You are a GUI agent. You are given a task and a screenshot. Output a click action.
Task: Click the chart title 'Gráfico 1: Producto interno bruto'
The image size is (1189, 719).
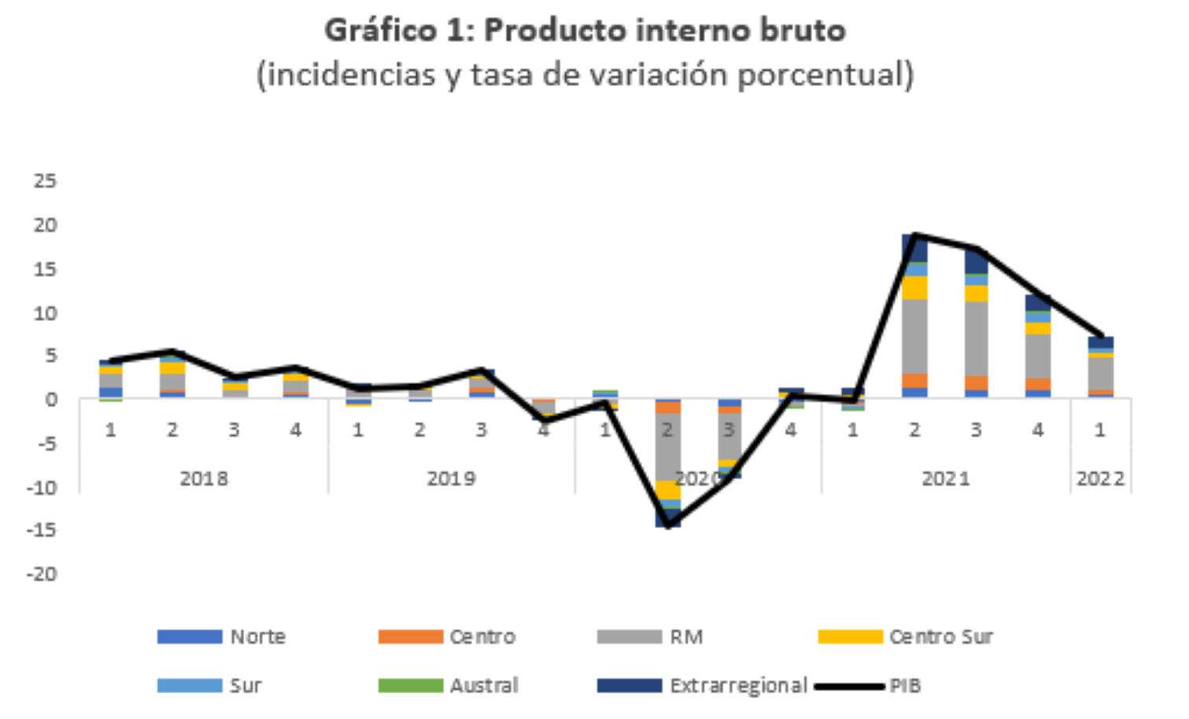tap(585, 31)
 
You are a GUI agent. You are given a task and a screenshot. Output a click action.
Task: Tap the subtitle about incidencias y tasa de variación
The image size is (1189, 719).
tap(585, 76)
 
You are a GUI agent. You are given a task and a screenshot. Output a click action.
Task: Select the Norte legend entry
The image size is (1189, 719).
tap(221, 636)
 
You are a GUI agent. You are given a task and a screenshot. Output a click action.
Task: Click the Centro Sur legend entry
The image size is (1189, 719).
tap(905, 636)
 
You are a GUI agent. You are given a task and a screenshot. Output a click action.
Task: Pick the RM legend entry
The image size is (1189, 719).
tap(650, 636)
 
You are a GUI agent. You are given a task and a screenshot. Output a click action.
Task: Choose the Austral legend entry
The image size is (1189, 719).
tap(448, 685)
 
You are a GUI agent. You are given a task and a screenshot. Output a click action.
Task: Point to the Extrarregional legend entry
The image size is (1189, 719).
tap(702, 685)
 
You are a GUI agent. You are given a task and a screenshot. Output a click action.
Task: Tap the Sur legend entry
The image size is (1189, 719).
tap(209, 685)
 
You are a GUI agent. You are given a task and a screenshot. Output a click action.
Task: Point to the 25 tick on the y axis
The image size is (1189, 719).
tap(45, 181)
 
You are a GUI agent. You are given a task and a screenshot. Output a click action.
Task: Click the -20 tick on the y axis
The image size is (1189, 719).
tap(42, 573)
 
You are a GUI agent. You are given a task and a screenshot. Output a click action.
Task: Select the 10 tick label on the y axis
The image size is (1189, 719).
tap(45, 313)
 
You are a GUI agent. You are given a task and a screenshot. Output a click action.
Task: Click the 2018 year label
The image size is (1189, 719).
tap(204, 478)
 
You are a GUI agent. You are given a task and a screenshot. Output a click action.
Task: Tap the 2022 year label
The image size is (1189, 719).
tap(1100, 478)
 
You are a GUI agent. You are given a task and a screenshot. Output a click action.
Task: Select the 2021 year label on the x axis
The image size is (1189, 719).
tap(946, 478)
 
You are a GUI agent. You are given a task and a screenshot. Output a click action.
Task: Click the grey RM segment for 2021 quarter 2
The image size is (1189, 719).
tap(914, 337)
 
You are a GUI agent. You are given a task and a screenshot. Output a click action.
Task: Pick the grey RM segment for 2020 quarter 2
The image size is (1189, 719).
tap(667, 447)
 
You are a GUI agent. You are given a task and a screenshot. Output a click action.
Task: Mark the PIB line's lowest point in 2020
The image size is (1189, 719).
tap(668, 525)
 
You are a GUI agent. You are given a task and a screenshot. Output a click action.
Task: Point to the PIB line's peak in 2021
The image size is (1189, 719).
tap(914, 234)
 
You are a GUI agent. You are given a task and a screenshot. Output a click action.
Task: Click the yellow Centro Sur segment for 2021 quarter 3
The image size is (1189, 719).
tap(976, 293)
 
